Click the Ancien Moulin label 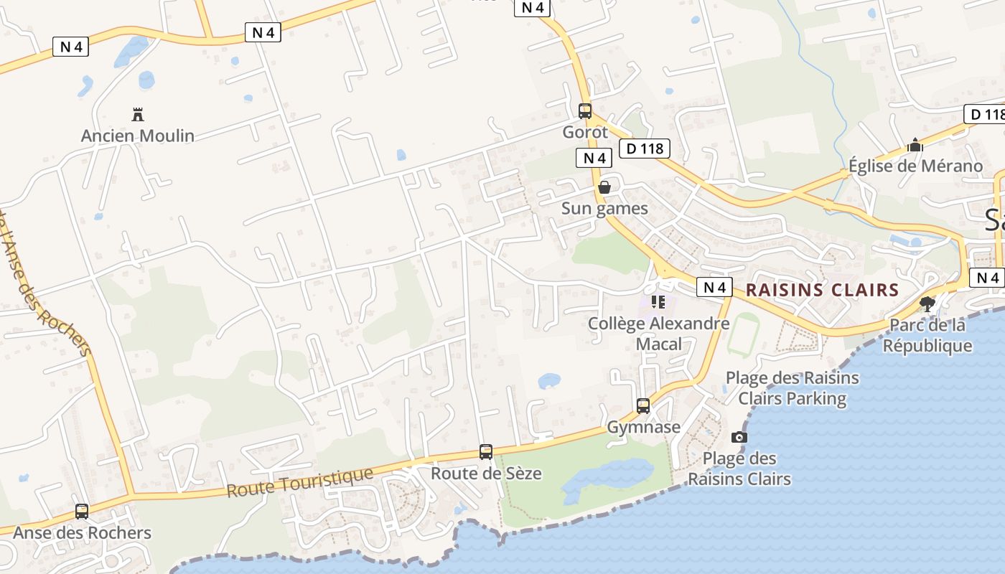pos(137,136)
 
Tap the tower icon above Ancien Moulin pos(138,114)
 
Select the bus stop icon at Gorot pos(585,111)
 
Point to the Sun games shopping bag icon pos(604,187)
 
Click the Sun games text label pos(604,209)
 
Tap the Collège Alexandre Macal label pos(658,334)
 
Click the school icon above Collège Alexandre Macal pos(658,302)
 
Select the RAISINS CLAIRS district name pos(822,290)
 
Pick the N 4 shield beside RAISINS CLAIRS pos(714,288)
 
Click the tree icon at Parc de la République pos(927,304)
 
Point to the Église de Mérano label pos(915,166)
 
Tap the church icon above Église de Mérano pos(915,146)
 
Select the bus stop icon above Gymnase pos(643,406)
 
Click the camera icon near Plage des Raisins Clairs pos(739,437)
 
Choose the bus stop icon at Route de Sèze pos(486,452)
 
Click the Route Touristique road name pos(300,483)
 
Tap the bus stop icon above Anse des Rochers pos(82,512)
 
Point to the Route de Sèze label pos(486,474)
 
